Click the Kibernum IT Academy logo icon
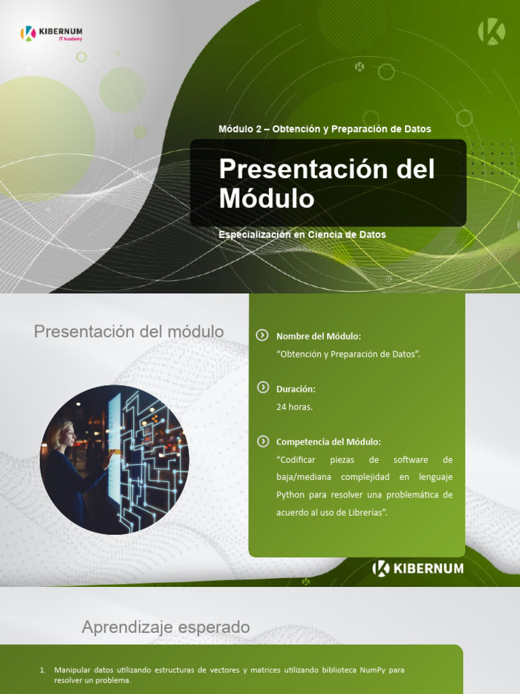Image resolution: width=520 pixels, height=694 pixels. click(x=28, y=33)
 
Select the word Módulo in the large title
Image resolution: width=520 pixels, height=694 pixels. click(x=267, y=199)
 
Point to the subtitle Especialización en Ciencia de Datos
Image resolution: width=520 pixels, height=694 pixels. click(x=302, y=234)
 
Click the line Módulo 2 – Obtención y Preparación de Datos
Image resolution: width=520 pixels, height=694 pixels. click(x=324, y=129)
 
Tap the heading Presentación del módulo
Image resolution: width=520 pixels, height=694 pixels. click(x=129, y=332)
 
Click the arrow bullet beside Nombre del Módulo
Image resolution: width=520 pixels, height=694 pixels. click(x=263, y=335)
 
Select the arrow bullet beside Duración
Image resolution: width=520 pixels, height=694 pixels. click(x=263, y=388)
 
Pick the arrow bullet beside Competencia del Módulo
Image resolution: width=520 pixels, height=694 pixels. click(x=263, y=441)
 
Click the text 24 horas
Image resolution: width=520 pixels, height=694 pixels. click(x=295, y=407)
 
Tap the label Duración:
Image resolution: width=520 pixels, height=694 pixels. click(x=296, y=389)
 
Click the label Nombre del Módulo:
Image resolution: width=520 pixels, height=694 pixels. click(x=318, y=336)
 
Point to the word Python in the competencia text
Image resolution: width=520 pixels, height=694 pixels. click(x=290, y=495)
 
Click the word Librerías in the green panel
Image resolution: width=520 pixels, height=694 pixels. click(x=366, y=512)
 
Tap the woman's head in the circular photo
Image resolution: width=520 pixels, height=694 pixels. click(x=65, y=432)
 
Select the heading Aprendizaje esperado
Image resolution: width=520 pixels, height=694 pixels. click(x=165, y=628)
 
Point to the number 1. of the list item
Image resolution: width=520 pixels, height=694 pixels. click(x=43, y=670)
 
